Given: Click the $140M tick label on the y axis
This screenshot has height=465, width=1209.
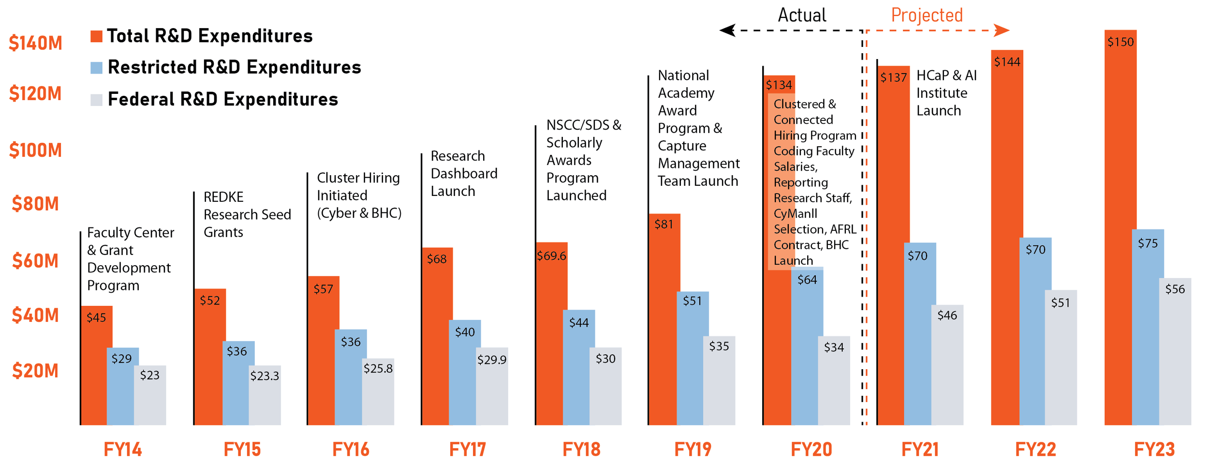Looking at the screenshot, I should click(x=35, y=44).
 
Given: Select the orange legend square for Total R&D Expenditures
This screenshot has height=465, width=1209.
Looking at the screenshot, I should click(x=96, y=36).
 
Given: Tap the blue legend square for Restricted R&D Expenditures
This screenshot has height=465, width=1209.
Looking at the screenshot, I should click(x=96, y=68).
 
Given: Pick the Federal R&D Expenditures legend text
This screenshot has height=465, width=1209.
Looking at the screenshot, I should click(x=222, y=99).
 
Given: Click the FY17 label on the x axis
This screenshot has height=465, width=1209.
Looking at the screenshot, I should click(x=467, y=450).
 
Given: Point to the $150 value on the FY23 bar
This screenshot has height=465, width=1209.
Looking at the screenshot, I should click(x=1121, y=42).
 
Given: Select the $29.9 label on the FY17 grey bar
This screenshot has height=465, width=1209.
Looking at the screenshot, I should click(x=492, y=360).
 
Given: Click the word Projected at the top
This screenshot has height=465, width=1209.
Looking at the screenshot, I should click(x=927, y=15).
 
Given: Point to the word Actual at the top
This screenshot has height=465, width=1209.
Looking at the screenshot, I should click(x=802, y=15).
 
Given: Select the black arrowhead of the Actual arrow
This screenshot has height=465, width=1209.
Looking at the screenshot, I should click(x=727, y=30).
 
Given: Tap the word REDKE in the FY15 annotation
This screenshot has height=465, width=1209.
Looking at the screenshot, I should click(x=223, y=197).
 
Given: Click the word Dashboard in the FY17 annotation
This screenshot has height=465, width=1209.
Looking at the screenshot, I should click(x=464, y=174).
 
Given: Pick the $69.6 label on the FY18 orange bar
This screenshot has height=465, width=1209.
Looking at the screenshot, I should click(x=551, y=256).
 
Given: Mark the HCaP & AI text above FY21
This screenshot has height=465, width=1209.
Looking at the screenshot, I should click(x=946, y=76).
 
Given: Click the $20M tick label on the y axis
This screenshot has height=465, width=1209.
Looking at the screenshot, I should click(x=35, y=371).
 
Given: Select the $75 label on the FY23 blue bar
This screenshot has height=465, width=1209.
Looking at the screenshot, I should click(x=1148, y=243).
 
